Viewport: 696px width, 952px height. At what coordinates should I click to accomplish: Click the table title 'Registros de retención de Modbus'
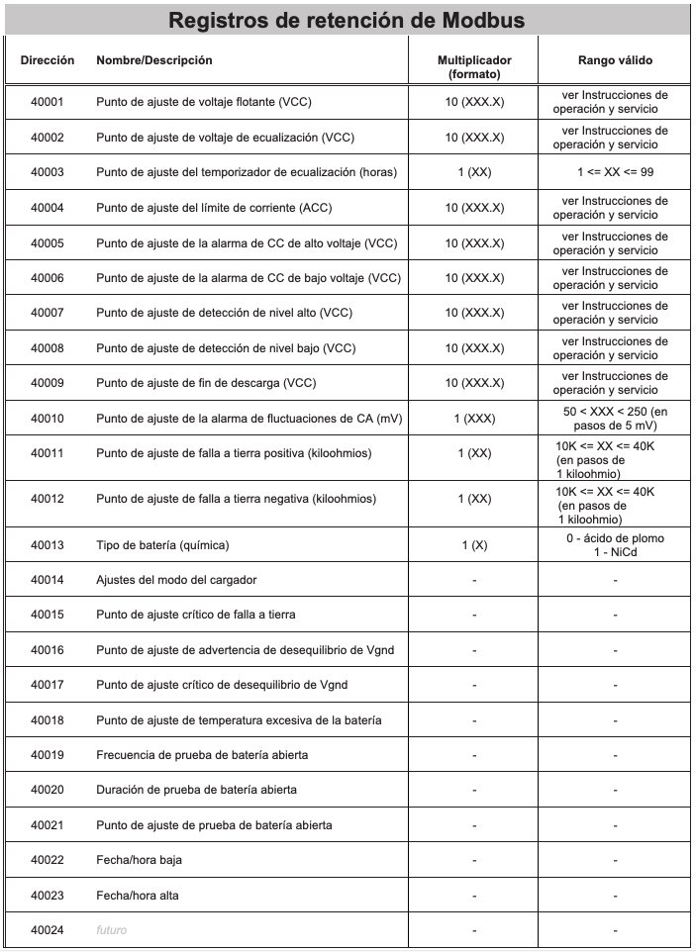347,20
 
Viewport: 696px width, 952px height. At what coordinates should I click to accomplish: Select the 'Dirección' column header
47,60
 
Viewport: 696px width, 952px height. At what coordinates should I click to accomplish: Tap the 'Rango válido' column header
615,60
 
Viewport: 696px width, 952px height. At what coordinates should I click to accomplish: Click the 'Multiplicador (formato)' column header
474,67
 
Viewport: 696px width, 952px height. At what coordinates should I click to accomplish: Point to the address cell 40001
47,102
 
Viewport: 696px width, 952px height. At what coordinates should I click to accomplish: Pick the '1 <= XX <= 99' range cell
615,172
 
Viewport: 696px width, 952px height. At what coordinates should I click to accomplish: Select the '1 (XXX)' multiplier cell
474,419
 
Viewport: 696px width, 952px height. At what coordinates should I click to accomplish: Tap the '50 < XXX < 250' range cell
615,419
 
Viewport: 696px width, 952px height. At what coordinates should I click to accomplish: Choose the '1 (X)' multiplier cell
474,545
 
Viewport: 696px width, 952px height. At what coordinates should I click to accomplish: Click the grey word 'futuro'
112,930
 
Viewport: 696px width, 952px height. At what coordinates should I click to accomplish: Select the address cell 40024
47,930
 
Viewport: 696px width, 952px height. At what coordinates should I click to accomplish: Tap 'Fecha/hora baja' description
139,860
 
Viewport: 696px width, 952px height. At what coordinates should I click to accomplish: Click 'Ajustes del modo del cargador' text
176,580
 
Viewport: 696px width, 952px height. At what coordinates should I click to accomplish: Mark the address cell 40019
47,755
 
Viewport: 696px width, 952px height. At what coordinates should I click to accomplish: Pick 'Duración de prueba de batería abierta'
196,790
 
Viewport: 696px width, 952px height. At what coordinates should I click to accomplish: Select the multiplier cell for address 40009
474,383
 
